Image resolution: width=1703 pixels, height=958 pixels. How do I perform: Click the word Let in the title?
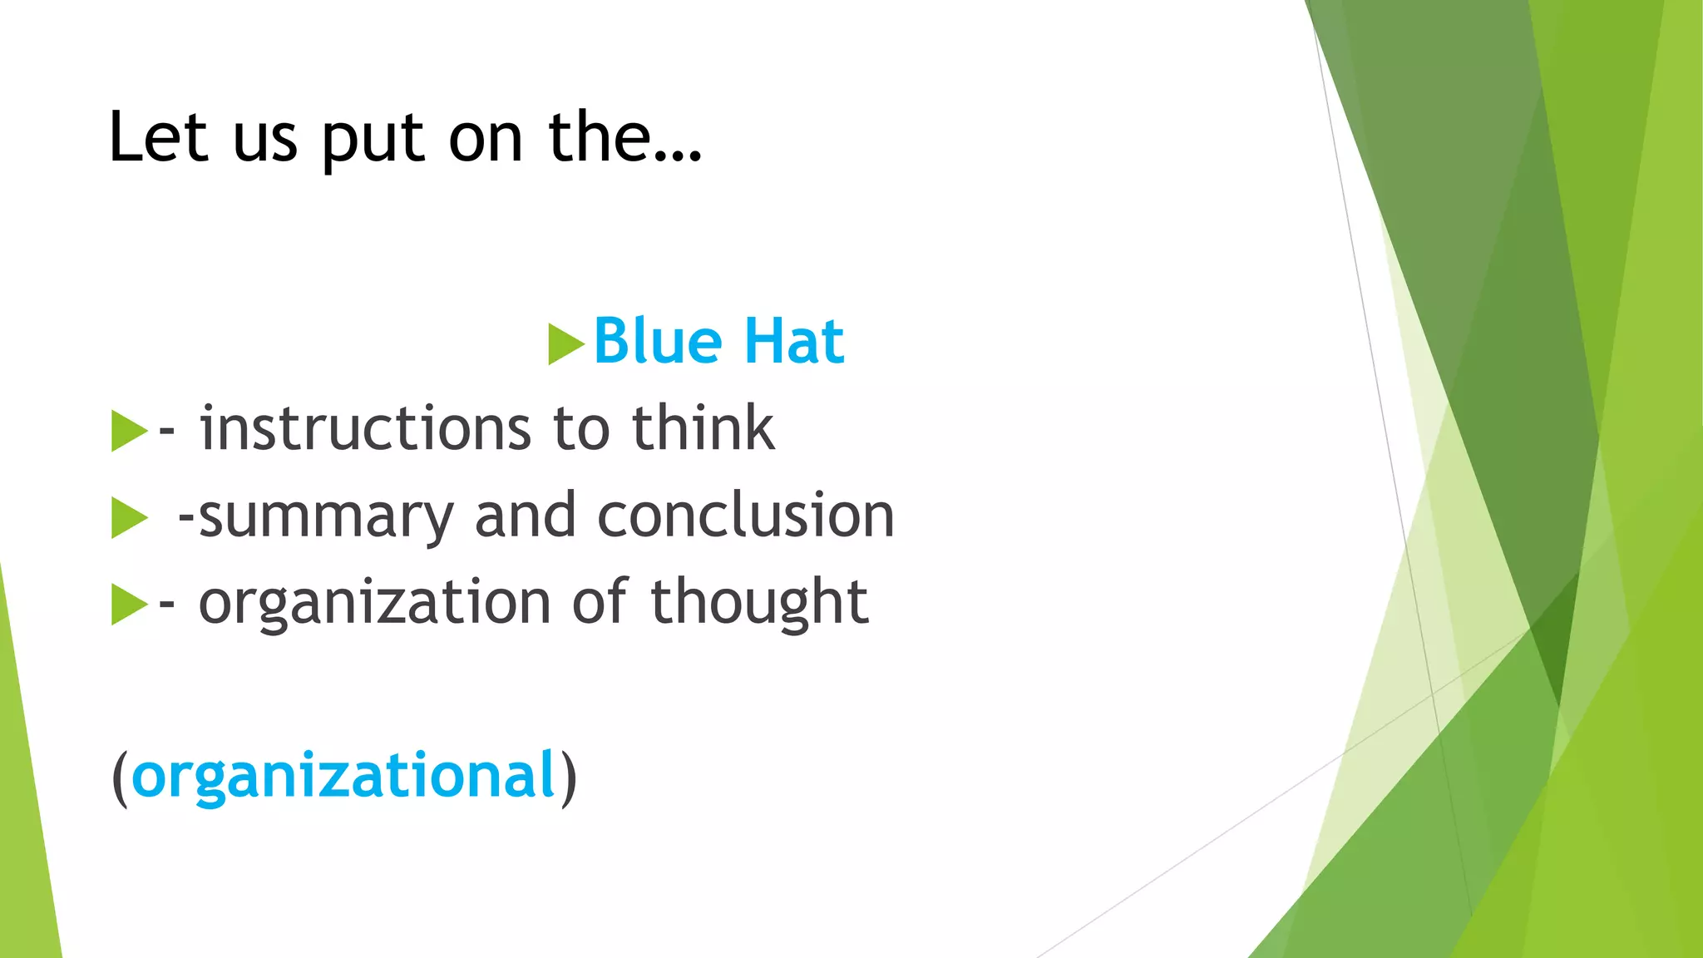click(x=158, y=137)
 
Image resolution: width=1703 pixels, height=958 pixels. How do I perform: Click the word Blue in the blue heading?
click(x=658, y=342)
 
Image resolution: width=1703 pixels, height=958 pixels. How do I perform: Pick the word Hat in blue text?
click(x=793, y=342)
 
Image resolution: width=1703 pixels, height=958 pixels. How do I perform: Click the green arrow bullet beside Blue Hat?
click(x=565, y=344)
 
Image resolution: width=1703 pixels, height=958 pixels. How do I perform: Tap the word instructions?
click(x=365, y=429)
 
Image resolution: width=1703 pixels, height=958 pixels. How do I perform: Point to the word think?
click(x=703, y=429)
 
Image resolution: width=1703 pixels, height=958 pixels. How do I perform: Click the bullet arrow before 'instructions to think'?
click(x=128, y=431)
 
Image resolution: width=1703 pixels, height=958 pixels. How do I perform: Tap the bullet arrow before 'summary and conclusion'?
click(x=128, y=518)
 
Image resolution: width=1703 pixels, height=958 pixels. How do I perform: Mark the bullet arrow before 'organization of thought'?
click(x=128, y=605)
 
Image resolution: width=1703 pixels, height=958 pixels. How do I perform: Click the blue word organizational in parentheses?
click(x=343, y=776)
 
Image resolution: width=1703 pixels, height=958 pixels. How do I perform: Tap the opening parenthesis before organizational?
click(x=120, y=778)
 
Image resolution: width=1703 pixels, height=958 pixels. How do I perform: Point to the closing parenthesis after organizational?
click(x=568, y=778)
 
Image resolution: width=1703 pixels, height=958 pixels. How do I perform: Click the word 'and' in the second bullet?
click(x=525, y=516)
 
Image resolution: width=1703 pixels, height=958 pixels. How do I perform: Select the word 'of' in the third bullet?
click(x=600, y=601)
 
